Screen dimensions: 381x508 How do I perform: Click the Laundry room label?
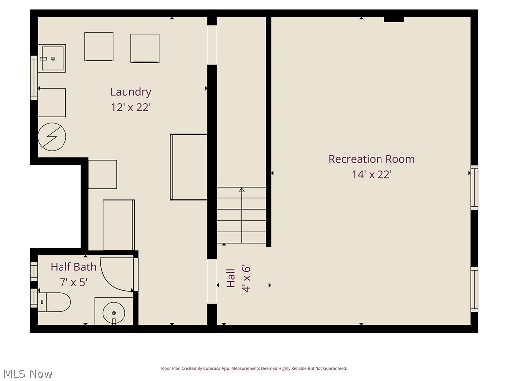click(x=130, y=92)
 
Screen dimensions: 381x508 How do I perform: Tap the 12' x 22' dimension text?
click(x=130, y=107)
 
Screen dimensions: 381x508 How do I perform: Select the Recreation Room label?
click(x=372, y=159)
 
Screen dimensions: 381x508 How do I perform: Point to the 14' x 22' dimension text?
click(x=372, y=175)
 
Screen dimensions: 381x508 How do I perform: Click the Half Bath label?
click(x=73, y=267)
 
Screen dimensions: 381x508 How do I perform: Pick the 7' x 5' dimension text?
click(x=73, y=283)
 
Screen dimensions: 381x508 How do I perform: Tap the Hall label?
click(x=231, y=278)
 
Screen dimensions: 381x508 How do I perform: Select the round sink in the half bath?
click(x=114, y=313)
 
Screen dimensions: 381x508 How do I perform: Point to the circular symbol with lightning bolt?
click(x=52, y=136)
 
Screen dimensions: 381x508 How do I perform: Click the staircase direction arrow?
click(x=242, y=190)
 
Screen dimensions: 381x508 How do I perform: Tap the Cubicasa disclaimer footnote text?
click(x=254, y=369)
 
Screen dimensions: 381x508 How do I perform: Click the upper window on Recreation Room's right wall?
click(x=474, y=188)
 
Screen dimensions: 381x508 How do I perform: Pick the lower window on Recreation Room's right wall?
click(x=474, y=289)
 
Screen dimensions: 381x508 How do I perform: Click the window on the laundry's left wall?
click(x=34, y=78)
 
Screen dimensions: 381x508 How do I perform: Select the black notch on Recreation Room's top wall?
click(x=394, y=19)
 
